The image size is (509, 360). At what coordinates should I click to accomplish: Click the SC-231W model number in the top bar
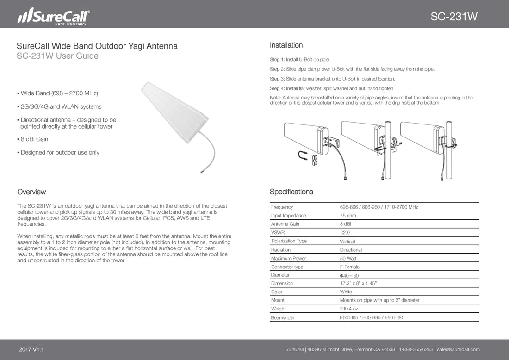click(x=454, y=17)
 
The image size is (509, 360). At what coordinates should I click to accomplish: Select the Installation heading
click(x=286, y=45)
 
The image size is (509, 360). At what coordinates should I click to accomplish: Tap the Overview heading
click(x=31, y=192)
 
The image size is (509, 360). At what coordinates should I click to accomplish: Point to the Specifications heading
click(x=291, y=192)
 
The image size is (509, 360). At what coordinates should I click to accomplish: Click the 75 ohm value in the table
click(x=348, y=216)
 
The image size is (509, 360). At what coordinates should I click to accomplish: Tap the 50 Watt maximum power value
click(x=349, y=258)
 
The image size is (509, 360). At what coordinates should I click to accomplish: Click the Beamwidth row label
click(x=282, y=318)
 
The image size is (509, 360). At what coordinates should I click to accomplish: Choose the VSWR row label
click(x=278, y=233)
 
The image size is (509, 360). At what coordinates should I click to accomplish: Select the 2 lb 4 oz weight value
click(x=349, y=309)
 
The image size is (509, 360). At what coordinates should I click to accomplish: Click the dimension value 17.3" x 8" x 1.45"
click(x=358, y=283)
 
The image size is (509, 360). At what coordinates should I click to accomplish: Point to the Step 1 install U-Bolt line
click(x=299, y=60)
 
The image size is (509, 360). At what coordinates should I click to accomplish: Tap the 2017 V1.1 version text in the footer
click(x=32, y=349)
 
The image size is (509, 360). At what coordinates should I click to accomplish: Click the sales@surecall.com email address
click(x=458, y=349)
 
